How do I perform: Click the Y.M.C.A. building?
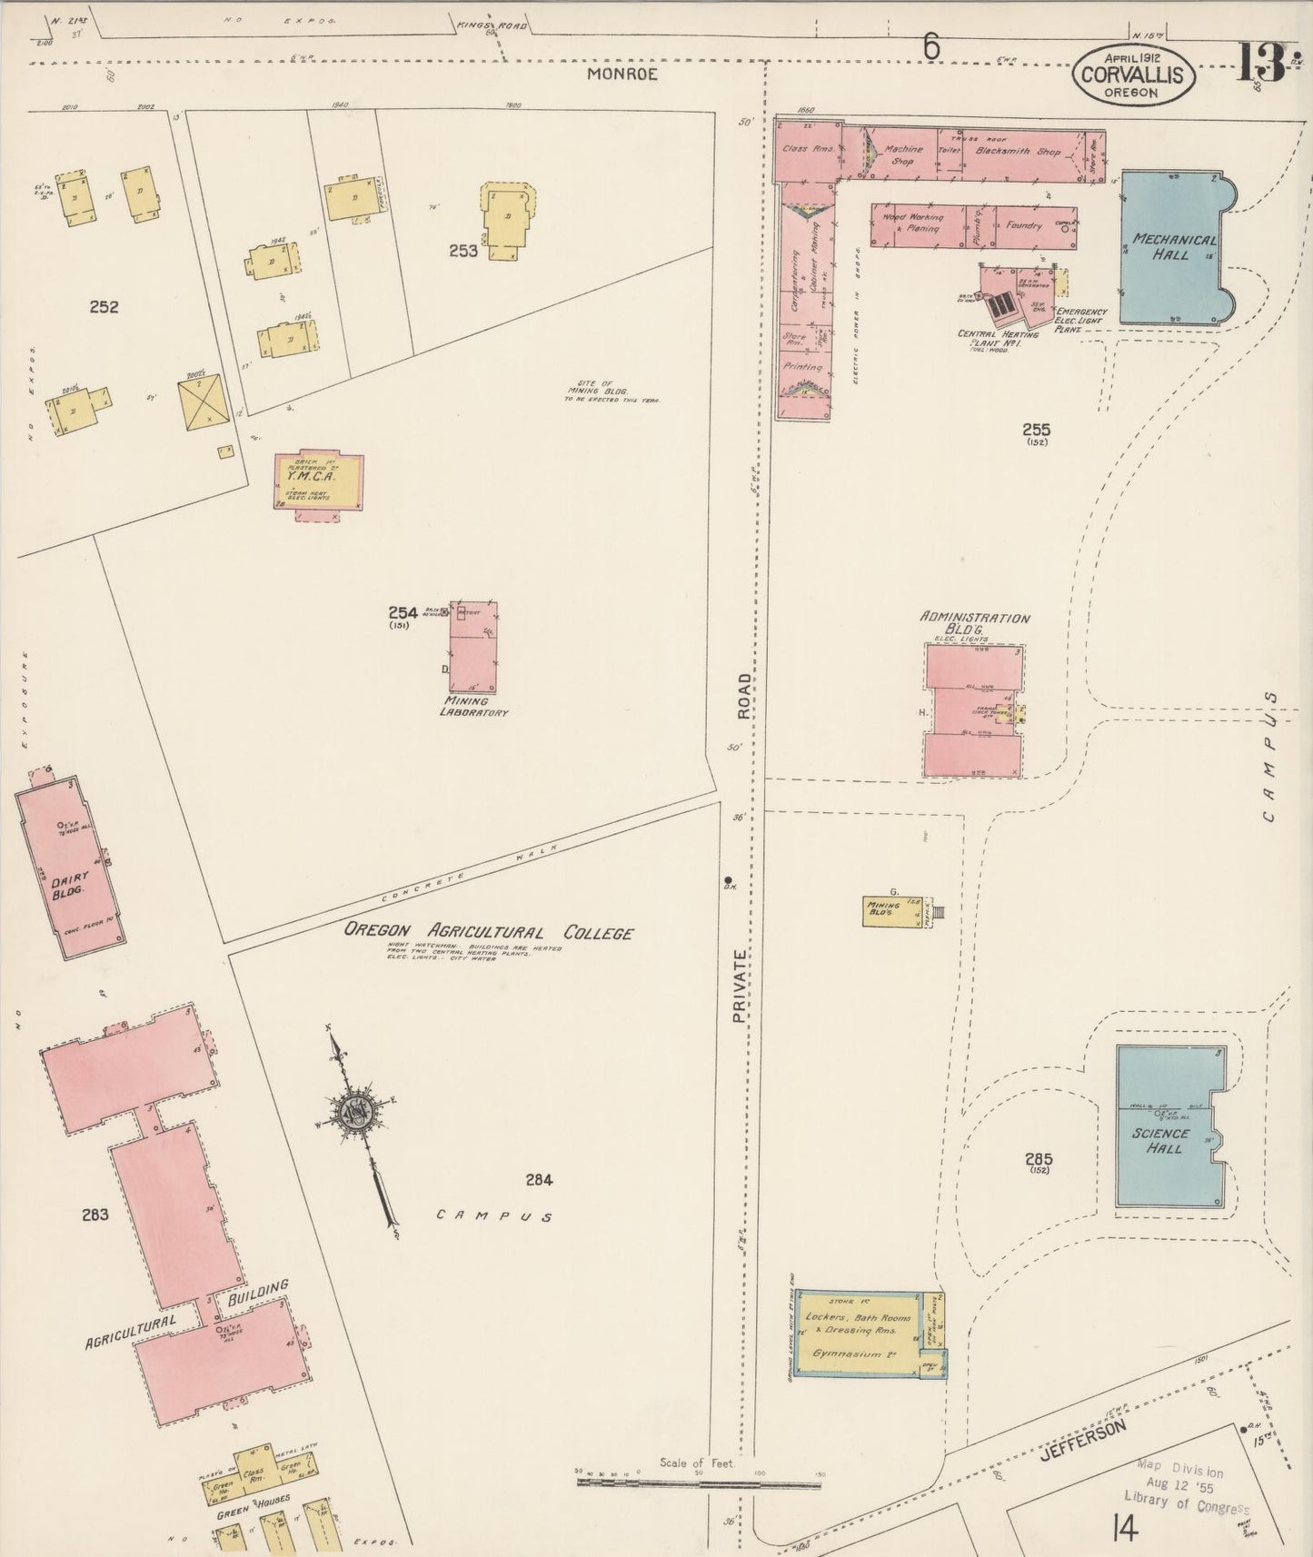(x=318, y=481)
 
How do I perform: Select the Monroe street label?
(x=622, y=74)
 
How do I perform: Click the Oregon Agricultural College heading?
(x=488, y=932)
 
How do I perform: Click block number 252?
(x=104, y=307)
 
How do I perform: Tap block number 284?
(x=539, y=1180)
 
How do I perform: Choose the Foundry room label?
(x=1023, y=225)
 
